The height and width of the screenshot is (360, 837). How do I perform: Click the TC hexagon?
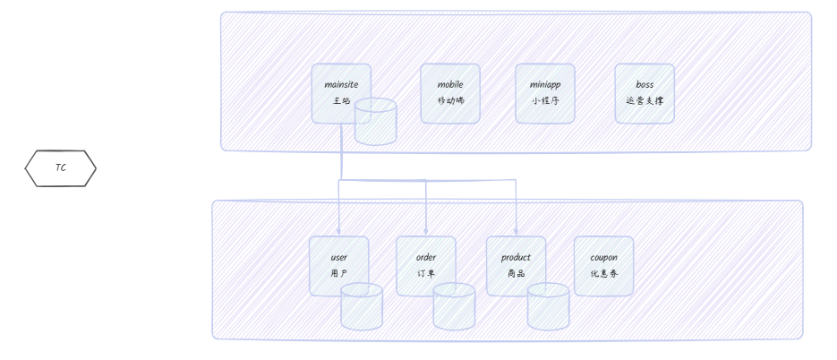(60, 168)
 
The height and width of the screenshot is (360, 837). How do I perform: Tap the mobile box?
(450, 93)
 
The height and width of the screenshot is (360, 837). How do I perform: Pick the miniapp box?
(545, 93)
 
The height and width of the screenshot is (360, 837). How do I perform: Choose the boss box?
(645, 93)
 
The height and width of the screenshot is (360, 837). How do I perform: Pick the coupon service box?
(603, 266)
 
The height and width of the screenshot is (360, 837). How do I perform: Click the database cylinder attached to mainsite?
(376, 122)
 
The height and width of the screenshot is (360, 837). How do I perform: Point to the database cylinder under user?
(362, 306)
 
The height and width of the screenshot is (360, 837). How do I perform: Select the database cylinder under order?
(454, 306)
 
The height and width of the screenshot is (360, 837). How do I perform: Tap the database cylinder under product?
(548, 306)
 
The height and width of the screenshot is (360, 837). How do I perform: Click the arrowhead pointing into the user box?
(338, 232)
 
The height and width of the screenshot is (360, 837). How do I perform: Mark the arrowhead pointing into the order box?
(426, 232)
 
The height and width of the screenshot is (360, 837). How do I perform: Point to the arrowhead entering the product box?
(516, 232)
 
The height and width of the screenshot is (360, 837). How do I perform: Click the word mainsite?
(341, 84)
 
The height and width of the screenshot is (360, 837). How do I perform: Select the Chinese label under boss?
(645, 100)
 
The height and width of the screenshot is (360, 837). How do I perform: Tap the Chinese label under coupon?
(603, 273)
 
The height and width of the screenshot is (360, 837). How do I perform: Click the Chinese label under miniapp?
(545, 100)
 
